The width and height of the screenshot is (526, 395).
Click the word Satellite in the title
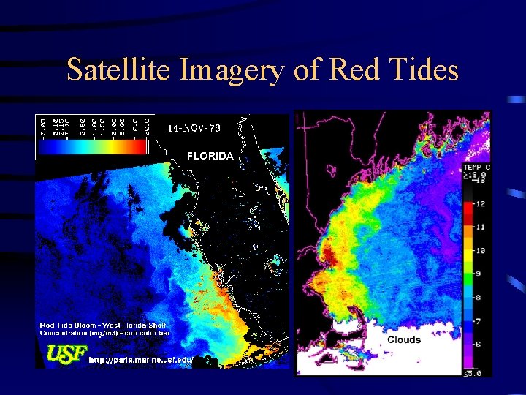pyautogui.click(x=117, y=70)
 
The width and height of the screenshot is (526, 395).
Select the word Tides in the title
pyautogui.click(x=424, y=70)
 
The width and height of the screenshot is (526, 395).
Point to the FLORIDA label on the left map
pyautogui.click(x=210, y=156)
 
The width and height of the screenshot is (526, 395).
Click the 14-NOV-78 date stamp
pyautogui.click(x=194, y=129)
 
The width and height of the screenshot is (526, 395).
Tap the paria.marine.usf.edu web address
pyautogui.click(x=150, y=360)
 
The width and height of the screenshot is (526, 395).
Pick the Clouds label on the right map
pyautogui.click(x=404, y=340)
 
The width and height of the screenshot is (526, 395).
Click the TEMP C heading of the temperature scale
pyautogui.click(x=477, y=168)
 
